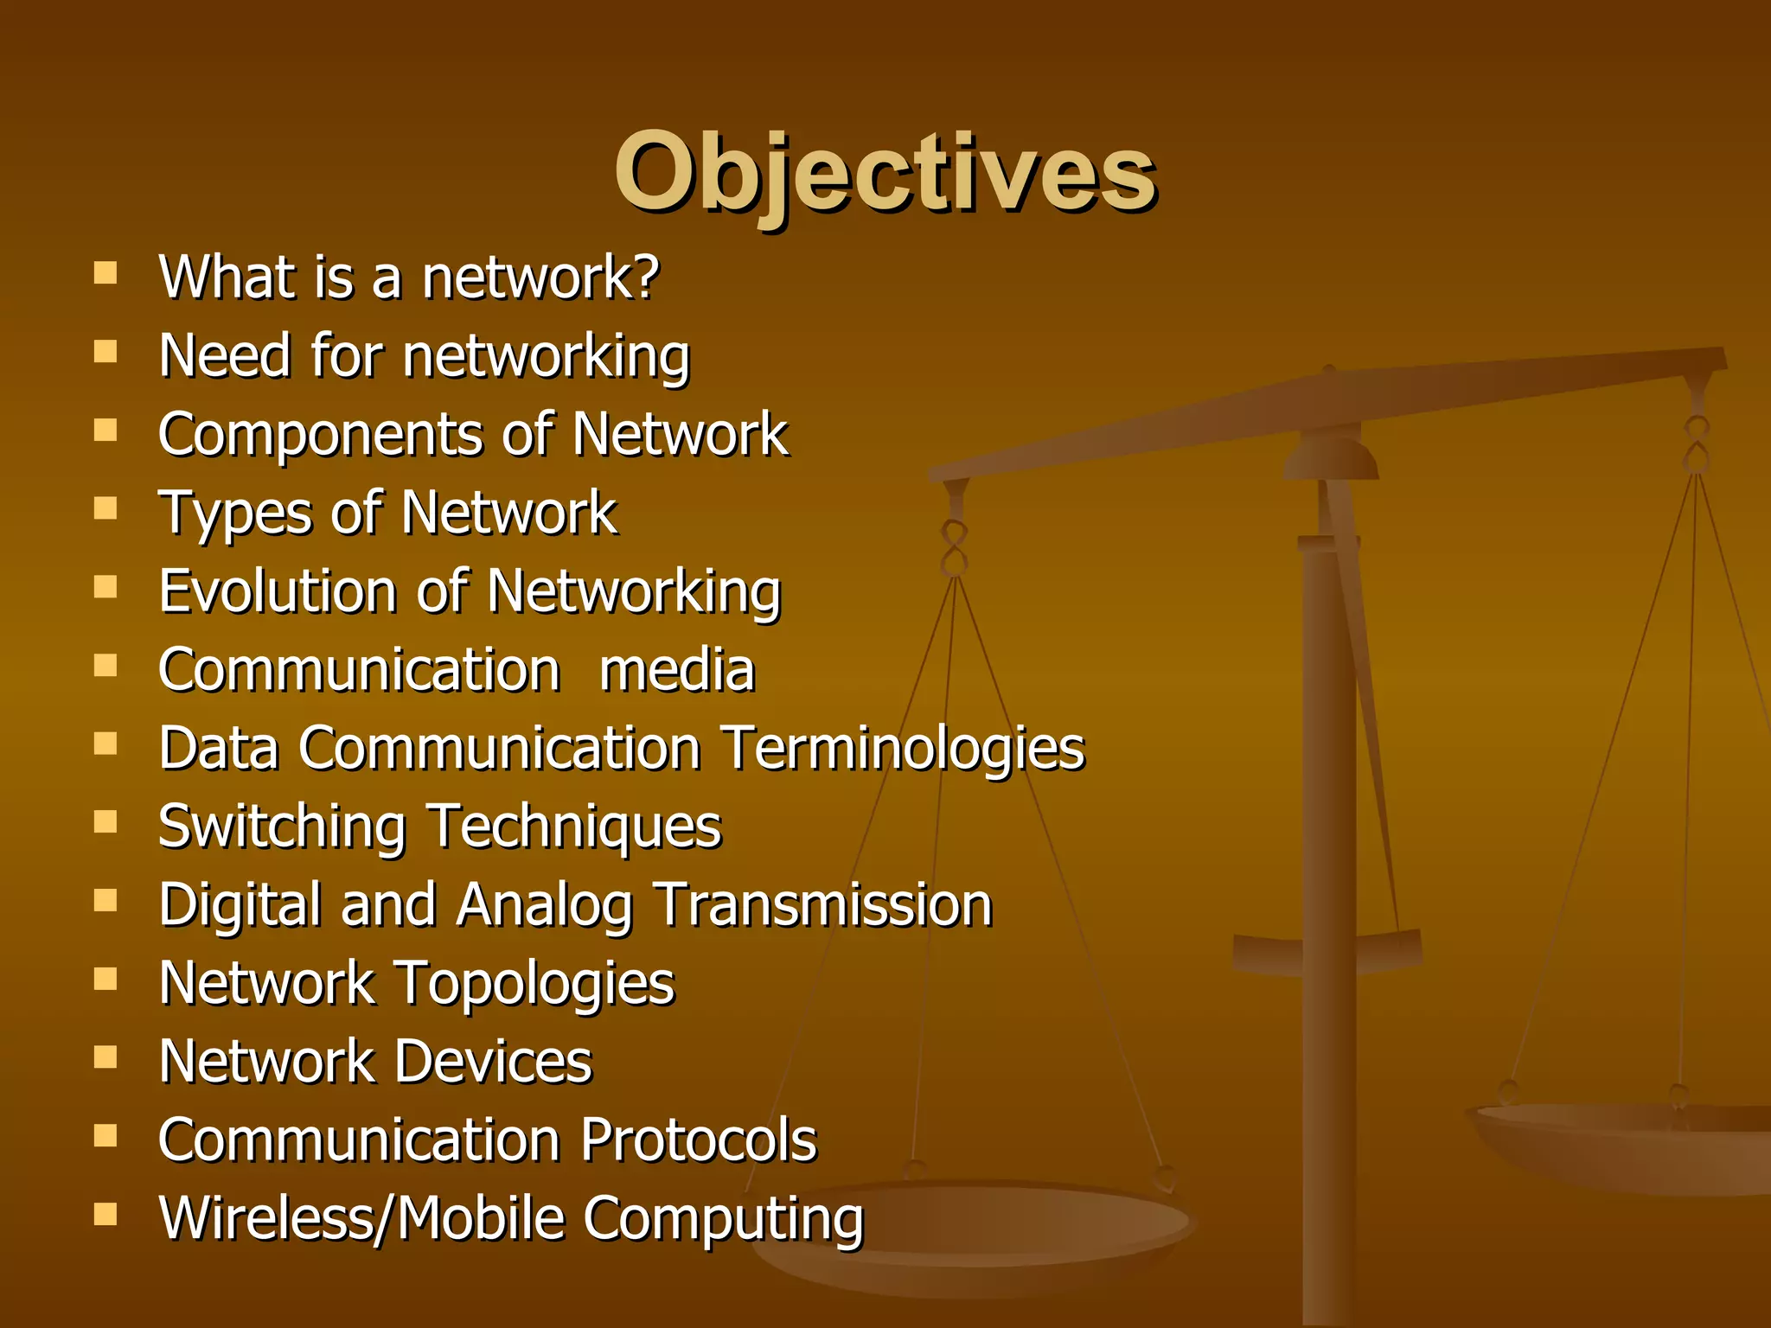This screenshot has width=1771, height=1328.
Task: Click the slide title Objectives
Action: (x=885, y=173)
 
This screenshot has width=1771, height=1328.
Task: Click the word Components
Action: (x=320, y=435)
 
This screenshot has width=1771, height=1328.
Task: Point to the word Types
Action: (x=234, y=514)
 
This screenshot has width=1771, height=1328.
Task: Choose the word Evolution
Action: (x=278, y=592)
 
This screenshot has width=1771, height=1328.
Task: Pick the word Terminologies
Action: (x=904, y=749)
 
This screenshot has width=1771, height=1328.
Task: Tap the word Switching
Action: (x=282, y=827)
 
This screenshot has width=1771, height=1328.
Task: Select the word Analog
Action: (x=545, y=906)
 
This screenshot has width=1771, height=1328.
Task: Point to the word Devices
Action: (x=494, y=1062)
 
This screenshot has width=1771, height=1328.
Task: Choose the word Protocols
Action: (x=699, y=1140)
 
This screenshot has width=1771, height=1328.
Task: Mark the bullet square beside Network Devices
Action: (x=105, y=1057)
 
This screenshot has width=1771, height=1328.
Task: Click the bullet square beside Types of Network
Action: (x=105, y=508)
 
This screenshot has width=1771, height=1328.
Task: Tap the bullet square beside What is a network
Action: (x=105, y=273)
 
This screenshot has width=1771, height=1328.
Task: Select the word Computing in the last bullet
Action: (x=723, y=1220)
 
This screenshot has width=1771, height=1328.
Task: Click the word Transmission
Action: (x=822, y=905)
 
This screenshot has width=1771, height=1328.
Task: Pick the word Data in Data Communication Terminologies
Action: (x=219, y=749)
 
